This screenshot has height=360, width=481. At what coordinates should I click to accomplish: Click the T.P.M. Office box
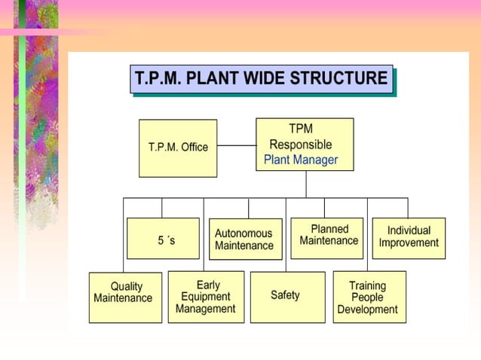[x=178, y=148]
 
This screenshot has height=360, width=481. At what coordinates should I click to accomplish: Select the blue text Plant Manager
[x=301, y=160]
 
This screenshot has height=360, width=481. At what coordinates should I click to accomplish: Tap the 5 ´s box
[x=163, y=239]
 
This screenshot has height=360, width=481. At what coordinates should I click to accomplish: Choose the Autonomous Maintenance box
[x=245, y=239]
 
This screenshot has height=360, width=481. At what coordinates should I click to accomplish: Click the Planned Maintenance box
[x=328, y=236]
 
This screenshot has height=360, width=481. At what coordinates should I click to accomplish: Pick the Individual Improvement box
[x=409, y=237]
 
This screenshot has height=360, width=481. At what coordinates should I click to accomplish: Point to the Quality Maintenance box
[x=125, y=297]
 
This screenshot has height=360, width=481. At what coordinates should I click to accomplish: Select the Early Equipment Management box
[x=206, y=297]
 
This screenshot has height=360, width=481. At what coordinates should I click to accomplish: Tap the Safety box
[x=287, y=297]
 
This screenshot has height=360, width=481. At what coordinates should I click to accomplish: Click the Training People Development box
[x=369, y=297]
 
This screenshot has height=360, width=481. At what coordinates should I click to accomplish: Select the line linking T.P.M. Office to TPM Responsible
[x=236, y=145]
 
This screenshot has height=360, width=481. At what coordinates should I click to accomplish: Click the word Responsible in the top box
[x=301, y=145]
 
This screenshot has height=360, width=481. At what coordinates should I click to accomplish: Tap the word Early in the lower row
[x=208, y=285]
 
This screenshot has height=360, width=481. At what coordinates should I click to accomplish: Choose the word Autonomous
[x=244, y=233]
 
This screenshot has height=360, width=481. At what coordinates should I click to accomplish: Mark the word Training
[x=367, y=286]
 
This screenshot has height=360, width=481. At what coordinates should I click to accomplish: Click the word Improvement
[x=409, y=243]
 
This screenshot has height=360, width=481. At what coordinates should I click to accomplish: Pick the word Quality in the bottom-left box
[x=126, y=287]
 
